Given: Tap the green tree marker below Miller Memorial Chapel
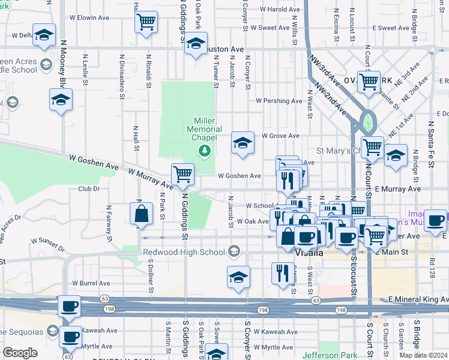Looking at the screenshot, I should click(x=205, y=150).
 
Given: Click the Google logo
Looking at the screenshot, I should click(x=20, y=353).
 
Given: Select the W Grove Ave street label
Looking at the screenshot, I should click(x=280, y=136).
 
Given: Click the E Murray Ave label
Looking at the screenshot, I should click(x=398, y=189).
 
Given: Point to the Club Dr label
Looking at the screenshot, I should click(x=88, y=188).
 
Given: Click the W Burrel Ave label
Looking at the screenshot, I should click(x=91, y=283).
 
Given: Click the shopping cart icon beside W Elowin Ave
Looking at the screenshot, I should click(x=146, y=23).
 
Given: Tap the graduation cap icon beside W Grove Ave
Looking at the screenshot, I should click(x=243, y=143).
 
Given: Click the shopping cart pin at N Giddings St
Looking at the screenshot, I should click(x=182, y=175).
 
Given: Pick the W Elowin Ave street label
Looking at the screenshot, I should click(x=89, y=18).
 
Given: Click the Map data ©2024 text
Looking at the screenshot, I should click(x=423, y=355).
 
